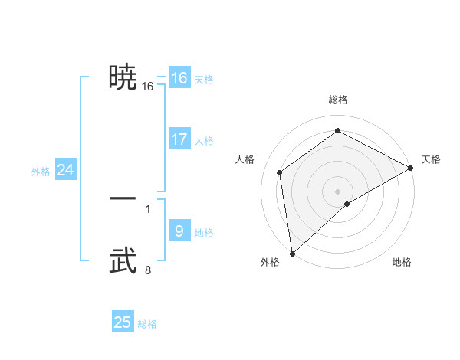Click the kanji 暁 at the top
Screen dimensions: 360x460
tap(123, 77)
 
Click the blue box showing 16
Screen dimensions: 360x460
tap(179, 78)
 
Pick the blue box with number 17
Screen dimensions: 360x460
tap(179, 139)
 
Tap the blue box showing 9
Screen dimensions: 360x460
tap(179, 231)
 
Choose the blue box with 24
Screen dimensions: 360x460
tap(66, 171)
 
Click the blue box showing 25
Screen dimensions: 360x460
tap(123, 322)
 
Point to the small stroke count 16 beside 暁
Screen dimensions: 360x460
tap(148, 87)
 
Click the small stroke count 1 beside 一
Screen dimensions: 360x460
tap(148, 208)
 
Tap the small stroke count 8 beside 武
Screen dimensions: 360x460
tap(148, 270)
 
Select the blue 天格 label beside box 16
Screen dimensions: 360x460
tap(204, 80)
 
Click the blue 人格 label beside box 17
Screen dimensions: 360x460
tap(204, 141)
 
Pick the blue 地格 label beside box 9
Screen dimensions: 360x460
tap(204, 233)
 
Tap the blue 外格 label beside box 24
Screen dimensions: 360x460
tap(41, 172)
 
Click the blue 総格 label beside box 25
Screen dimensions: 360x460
tap(147, 325)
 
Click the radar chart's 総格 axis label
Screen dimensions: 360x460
tap(337, 100)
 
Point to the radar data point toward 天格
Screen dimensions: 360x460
tap(410, 169)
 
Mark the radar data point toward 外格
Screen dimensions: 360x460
tap(292, 254)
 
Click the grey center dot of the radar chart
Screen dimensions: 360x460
tap(337, 191)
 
